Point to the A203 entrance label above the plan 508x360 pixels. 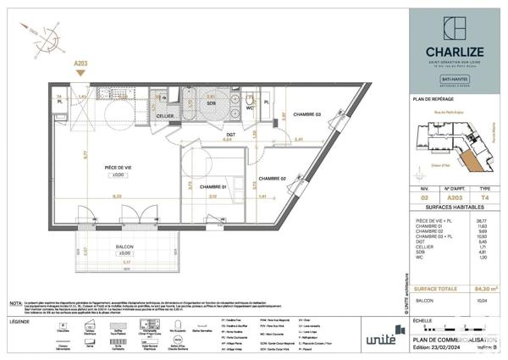[80, 63]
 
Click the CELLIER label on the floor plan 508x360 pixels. [164, 117]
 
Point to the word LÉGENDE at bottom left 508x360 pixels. [21, 323]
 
